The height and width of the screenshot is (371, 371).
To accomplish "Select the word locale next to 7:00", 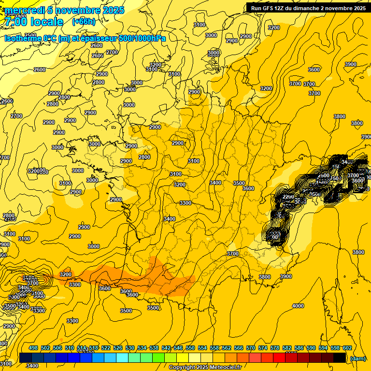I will click(46, 22).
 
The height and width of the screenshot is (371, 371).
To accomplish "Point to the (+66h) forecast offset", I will click(84, 22).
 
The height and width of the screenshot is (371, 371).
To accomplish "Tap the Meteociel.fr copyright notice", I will click(205, 368).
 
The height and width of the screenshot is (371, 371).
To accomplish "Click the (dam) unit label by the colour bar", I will click(357, 358).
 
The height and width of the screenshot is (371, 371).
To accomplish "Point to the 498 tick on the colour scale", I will click(33, 348).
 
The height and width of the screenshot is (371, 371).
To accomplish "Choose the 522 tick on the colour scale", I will click(106, 348).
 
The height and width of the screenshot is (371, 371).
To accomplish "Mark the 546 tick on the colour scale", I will click(178, 348).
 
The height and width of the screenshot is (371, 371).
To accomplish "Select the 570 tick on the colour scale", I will click(251, 348).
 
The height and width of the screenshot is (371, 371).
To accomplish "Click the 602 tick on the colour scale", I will click(347, 348).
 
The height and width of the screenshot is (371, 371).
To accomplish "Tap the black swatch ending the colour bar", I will click(340, 358).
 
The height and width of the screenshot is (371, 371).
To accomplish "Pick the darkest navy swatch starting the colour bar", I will click(26, 358).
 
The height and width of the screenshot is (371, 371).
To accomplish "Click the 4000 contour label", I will click(298, 306).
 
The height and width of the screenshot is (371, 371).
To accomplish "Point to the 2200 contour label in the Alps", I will click(288, 197).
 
